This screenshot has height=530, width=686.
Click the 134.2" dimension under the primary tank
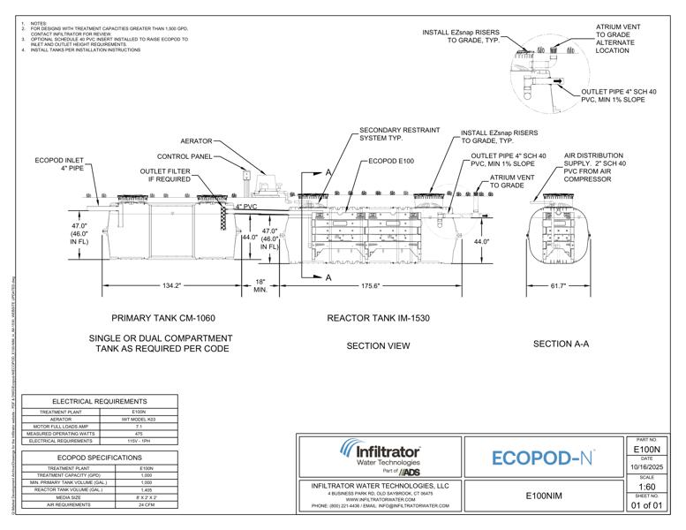(172, 286)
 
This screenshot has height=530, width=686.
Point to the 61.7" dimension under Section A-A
(558, 286)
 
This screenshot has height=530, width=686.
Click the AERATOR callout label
(196, 141)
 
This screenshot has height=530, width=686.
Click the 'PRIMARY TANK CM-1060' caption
(163, 318)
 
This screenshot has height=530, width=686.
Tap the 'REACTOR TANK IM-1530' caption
(378, 318)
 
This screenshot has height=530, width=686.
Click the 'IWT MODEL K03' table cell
(138, 420)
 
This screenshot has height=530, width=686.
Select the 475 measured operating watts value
(138, 434)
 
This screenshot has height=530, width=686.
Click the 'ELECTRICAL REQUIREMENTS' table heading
(99, 401)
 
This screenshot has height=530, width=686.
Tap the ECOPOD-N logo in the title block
(542, 458)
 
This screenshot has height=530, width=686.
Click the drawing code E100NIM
(542, 496)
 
